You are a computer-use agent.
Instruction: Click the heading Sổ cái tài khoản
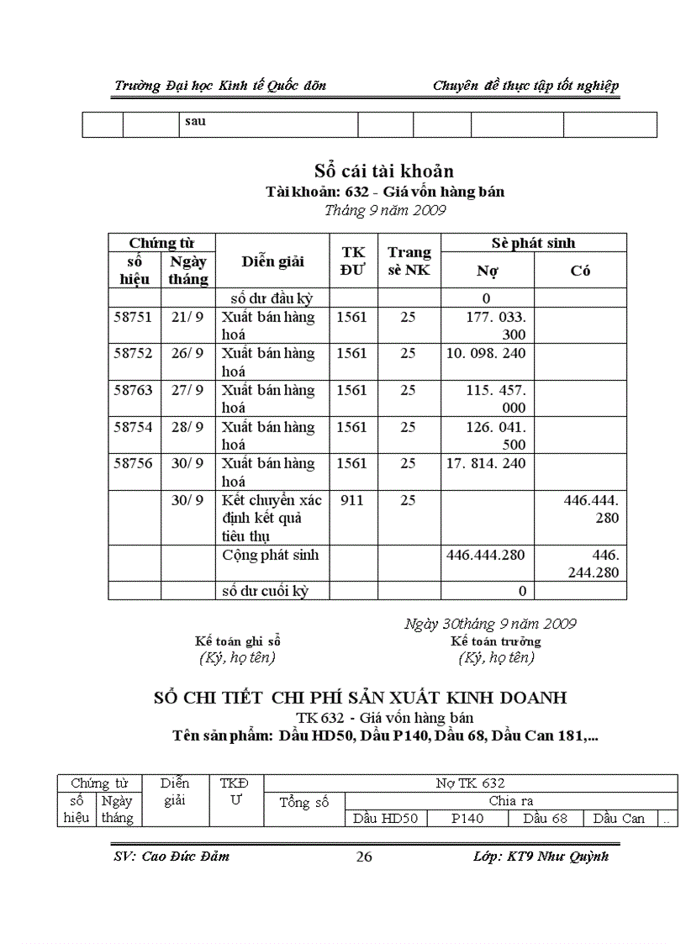click(384, 171)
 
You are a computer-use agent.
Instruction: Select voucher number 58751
click(133, 317)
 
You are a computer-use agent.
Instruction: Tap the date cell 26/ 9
click(187, 353)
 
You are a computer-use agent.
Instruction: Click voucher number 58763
click(133, 390)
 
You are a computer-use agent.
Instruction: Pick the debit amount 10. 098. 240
click(485, 353)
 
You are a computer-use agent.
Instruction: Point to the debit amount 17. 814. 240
click(485, 463)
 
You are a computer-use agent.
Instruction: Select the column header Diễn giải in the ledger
click(272, 261)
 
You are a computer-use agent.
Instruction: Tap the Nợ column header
click(487, 271)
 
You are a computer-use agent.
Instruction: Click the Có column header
click(580, 271)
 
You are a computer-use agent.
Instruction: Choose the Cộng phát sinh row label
click(270, 555)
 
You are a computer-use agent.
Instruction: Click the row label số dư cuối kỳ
click(265, 591)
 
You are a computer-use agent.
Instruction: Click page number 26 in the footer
click(364, 857)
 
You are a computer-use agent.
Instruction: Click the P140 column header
click(467, 818)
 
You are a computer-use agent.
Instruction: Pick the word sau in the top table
click(195, 121)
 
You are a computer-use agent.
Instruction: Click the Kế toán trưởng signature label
click(495, 641)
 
